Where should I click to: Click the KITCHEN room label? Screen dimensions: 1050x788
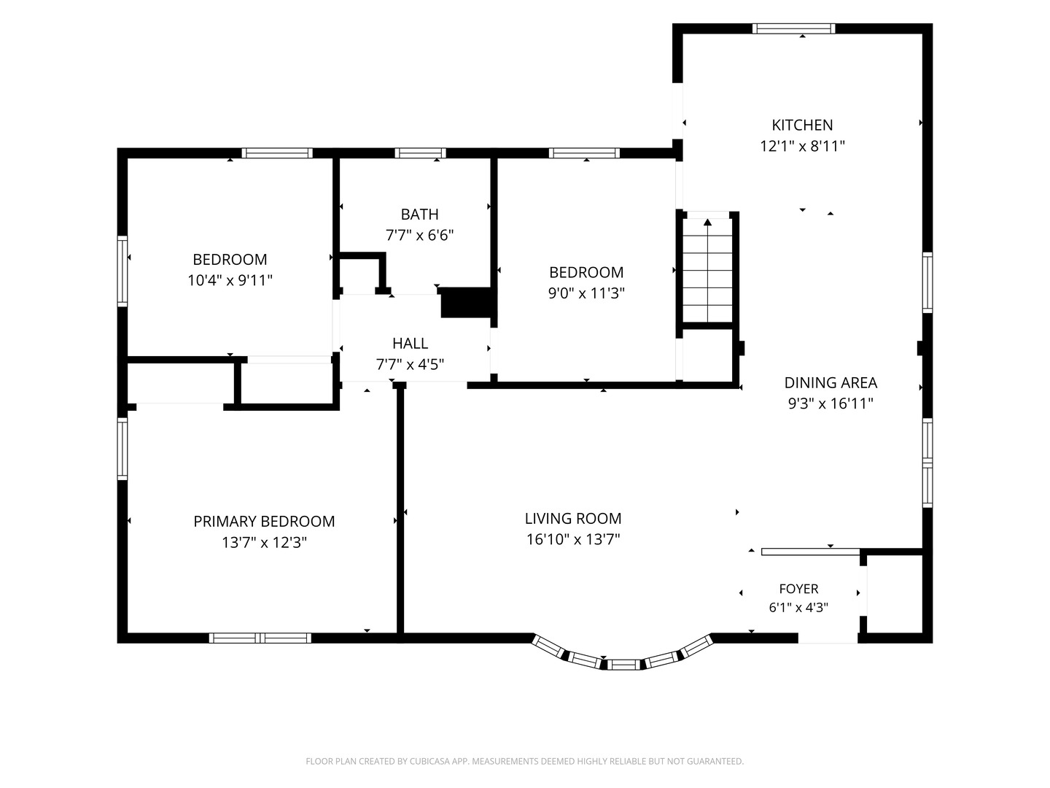(802, 125)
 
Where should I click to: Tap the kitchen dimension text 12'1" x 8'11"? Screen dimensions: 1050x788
(802, 146)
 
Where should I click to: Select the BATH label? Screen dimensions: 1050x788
(419, 215)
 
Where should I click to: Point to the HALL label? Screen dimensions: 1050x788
(410, 344)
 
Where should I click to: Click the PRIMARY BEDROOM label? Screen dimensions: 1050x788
(264, 521)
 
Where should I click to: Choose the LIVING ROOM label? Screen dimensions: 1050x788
(573, 518)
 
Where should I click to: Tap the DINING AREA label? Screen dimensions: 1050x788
(831, 383)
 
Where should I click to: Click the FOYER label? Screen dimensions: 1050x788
(798, 589)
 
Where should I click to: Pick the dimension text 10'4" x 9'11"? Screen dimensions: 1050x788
(230, 280)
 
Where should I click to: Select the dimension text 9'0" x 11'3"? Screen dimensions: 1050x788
(586, 293)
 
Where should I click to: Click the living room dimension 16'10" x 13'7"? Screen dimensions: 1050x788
(573, 539)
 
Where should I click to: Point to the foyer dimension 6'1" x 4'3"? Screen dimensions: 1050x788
(798, 607)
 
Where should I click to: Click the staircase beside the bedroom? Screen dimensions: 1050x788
(707, 270)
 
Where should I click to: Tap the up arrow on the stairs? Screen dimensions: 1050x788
(707, 223)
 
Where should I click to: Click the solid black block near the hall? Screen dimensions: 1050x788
(466, 302)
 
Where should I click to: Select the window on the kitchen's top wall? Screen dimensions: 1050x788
(793, 28)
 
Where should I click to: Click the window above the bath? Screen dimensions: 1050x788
(420, 153)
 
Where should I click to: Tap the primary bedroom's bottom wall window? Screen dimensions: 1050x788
(260, 638)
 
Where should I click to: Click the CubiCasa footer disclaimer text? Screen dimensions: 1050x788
(525, 761)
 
